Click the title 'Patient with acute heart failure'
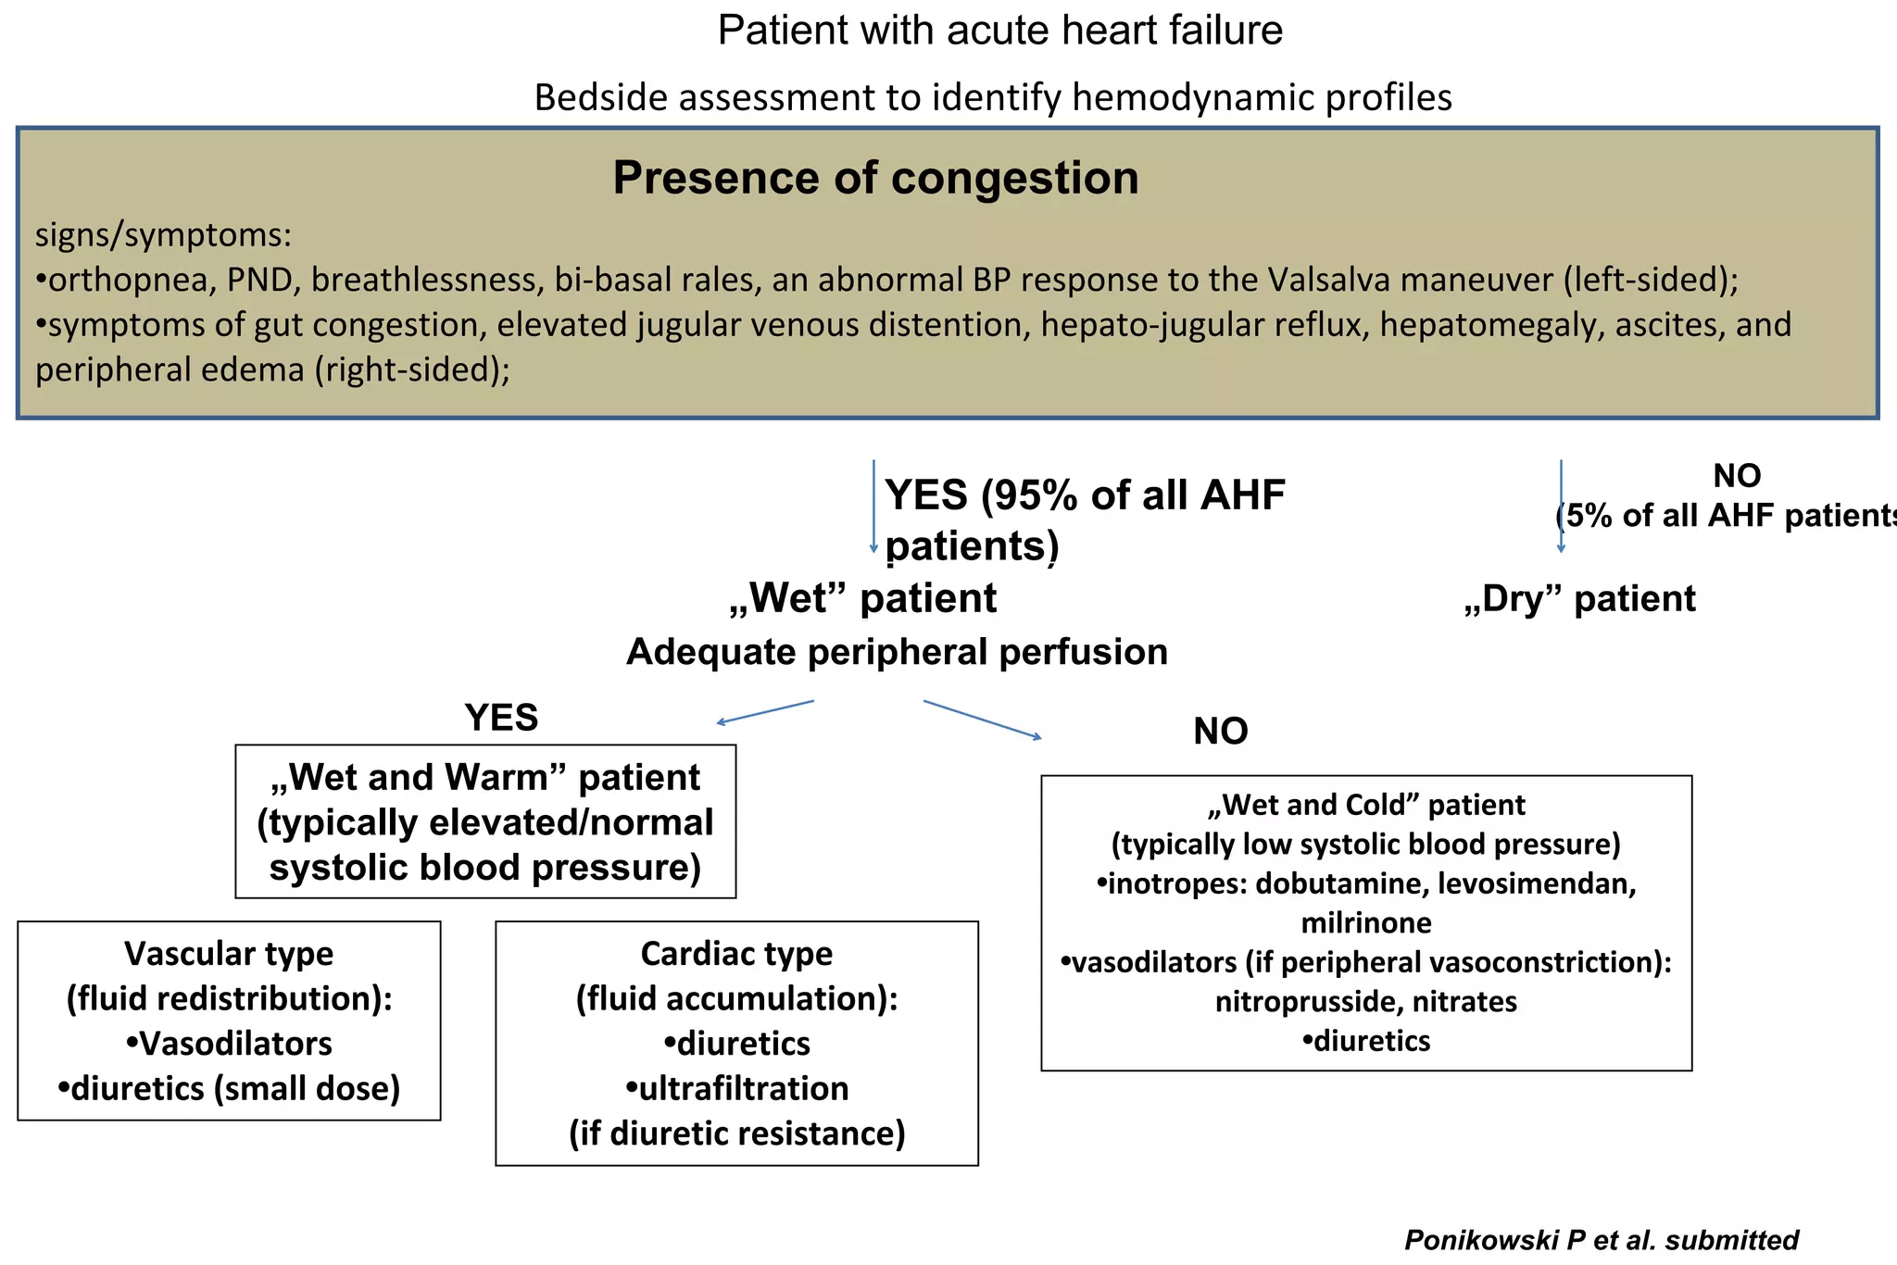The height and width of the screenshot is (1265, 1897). click(999, 31)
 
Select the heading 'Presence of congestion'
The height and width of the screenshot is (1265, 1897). click(875, 178)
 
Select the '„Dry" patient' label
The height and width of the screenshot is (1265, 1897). click(1579, 599)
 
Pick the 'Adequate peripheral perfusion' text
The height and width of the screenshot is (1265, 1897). click(897, 652)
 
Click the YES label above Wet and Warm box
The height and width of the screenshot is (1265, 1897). click(501, 718)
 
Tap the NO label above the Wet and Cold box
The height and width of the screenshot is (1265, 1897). click(1220, 732)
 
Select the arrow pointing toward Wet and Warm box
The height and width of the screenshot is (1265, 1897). click(764, 712)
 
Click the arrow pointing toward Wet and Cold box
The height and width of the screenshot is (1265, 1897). click(982, 720)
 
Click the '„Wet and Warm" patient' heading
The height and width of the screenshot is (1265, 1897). click(485, 778)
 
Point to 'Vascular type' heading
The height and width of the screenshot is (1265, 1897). click(229, 954)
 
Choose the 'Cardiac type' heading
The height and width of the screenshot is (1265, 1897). click(736, 954)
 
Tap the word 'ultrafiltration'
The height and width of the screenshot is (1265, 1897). click(743, 1089)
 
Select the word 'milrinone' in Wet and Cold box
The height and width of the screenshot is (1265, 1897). click(1366, 923)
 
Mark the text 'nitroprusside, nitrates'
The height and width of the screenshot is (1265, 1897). click(1366, 1002)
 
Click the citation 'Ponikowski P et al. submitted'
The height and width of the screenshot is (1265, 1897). click(1601, 1240)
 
